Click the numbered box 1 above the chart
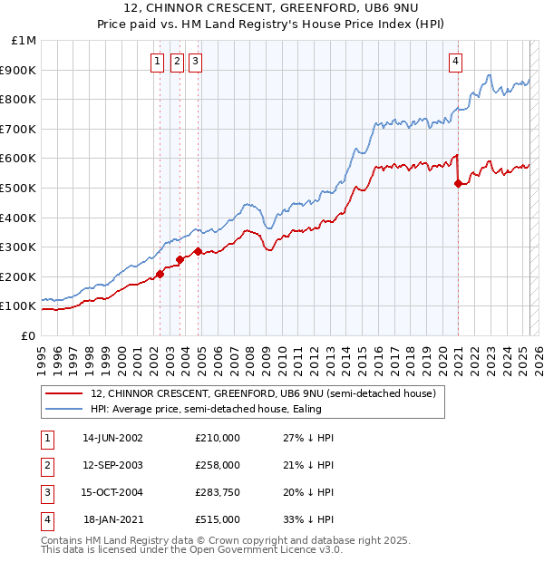coord(157,62)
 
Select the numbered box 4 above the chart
coord(455,62)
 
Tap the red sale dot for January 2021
coord(458,183)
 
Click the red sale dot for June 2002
coord(160,273)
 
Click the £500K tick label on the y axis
coord(19,188)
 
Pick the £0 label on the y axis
coord(28,335)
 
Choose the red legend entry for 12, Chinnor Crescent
coord(264,393)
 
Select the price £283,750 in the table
coord(217,492)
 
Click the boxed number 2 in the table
coord(45,465)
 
